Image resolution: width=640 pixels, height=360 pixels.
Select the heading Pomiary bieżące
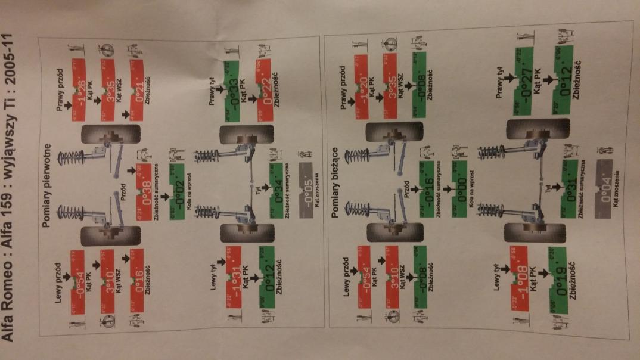pos(337,178)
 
